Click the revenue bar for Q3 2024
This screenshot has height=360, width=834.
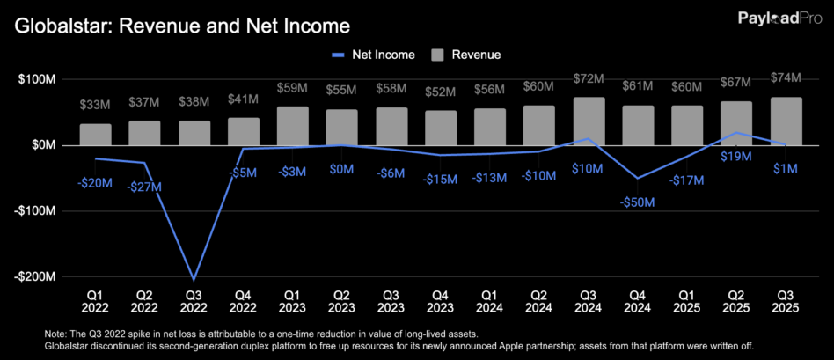pos(589,121)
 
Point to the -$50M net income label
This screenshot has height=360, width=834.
pos(638,202)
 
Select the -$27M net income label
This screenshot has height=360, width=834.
pos(144,187)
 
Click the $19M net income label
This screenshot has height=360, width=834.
pos(735,157)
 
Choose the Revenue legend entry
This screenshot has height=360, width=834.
pos(466,55)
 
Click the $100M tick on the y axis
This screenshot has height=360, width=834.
pos(38,79)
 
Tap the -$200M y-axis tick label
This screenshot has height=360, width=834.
pos(35,276)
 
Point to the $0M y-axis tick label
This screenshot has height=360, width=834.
pos(42,145)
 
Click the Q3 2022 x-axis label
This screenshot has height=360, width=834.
pos(194,303)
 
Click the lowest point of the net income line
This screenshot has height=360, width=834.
pos(194,280)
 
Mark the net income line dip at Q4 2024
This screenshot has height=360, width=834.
pos(638,178)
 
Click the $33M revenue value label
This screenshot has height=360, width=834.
pos(95,106)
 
